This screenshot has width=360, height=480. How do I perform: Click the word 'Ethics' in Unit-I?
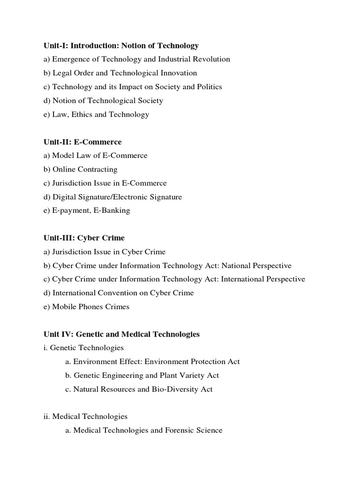82,114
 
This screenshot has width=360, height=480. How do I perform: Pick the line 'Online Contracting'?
81,169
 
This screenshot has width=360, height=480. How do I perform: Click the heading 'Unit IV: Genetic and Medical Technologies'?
120,334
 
